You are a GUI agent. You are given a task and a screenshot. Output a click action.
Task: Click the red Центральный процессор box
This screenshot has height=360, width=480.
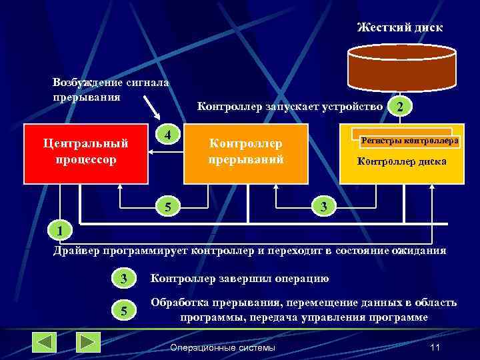[85, 153]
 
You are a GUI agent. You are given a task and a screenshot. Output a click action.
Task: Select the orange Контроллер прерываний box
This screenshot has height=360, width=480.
[246, 153]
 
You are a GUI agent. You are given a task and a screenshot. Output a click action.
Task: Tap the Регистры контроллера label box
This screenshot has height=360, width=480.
[409, 141]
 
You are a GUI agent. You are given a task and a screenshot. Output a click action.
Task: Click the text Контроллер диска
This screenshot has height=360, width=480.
[401, 161]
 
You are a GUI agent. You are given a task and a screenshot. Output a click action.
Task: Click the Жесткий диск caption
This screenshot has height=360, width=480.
[399, 27]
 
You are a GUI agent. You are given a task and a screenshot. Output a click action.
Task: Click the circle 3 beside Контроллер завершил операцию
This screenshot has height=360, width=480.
[123, 278]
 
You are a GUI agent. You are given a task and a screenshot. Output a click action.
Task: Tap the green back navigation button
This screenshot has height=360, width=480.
[45, 342]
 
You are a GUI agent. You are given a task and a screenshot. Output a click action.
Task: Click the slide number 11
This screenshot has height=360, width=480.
[436, 347]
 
